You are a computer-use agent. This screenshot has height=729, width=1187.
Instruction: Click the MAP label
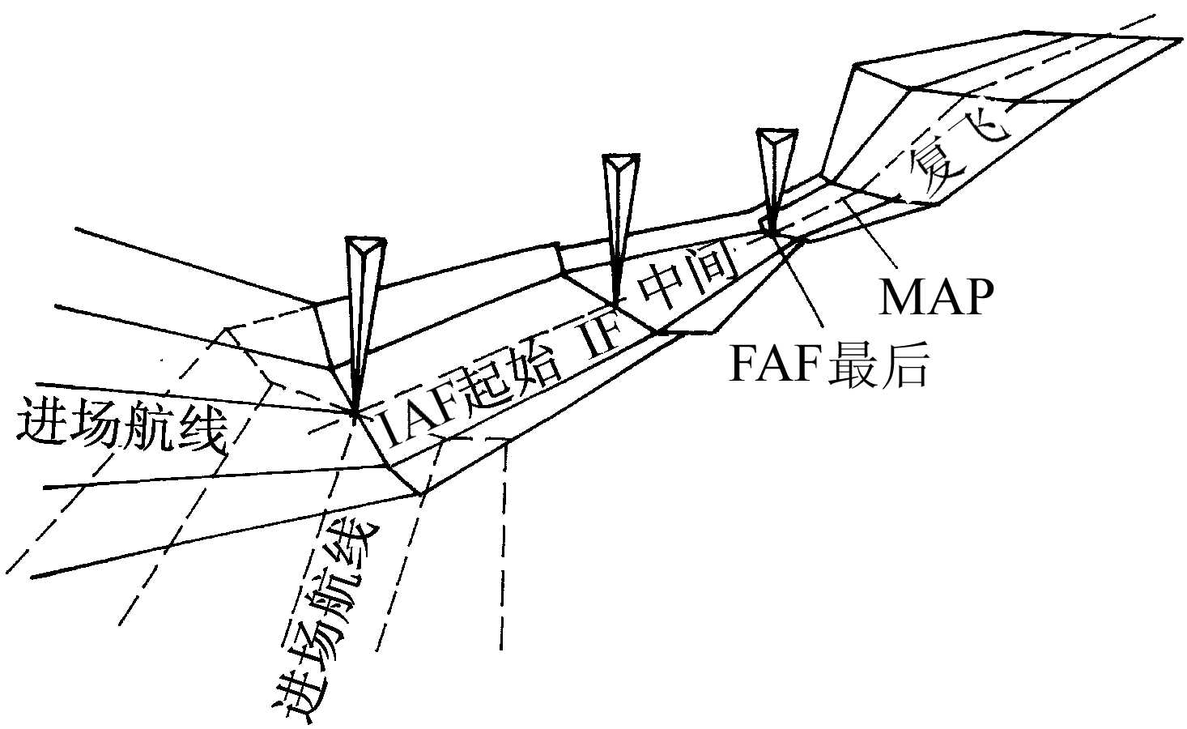point(936,297)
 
